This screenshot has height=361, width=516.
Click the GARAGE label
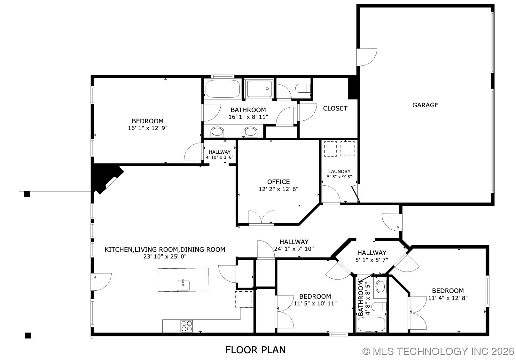tap(425, 105)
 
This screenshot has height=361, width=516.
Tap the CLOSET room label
tap(335, 108)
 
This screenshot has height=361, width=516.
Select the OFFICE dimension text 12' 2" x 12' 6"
tap(278, 189)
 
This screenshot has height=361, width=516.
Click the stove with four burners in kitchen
tap(187, 326)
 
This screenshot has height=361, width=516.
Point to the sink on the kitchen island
tap(183, 285)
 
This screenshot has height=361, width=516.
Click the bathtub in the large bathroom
tap(223, 89)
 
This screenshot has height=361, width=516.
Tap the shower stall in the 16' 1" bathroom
tap(259, 89)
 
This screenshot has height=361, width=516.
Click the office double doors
tap(261, 218)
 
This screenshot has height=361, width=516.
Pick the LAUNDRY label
tap(339, 172)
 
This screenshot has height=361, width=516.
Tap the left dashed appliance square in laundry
tap(330, 149)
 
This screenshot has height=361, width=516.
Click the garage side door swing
tap(368, 58)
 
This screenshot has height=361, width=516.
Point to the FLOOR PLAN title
tap(255, 350)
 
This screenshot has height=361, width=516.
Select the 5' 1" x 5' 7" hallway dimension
tap(371, 260)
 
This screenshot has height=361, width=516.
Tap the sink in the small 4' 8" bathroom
tap(380, 286)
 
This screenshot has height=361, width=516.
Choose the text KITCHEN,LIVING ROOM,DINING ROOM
tap(165, 250)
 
